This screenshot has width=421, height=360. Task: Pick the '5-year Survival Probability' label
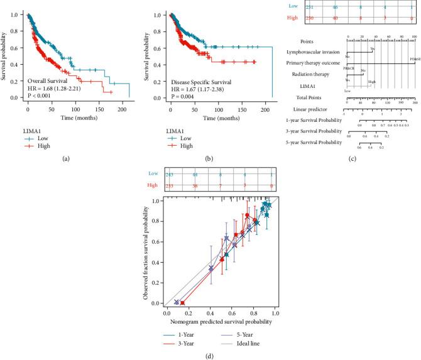click(x=319, y=143)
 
